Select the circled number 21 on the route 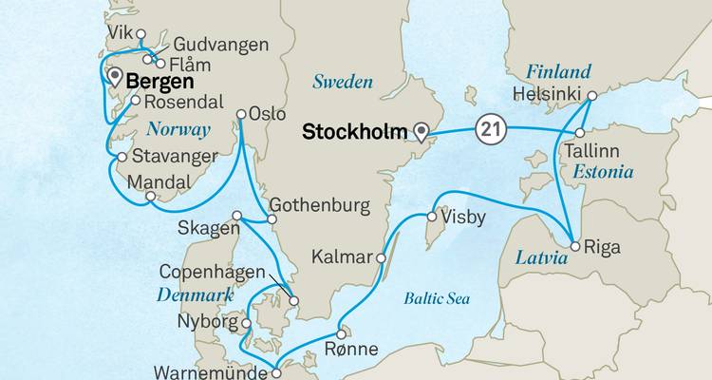[x=489, y=127]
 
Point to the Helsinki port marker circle [x=590, y=95]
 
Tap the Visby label [x=464, y=218]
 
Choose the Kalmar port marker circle [x=382, y=256]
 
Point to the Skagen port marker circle [x=237, y=215]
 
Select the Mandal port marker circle [x=151, y=198]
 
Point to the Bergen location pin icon [x=116, y=77]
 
